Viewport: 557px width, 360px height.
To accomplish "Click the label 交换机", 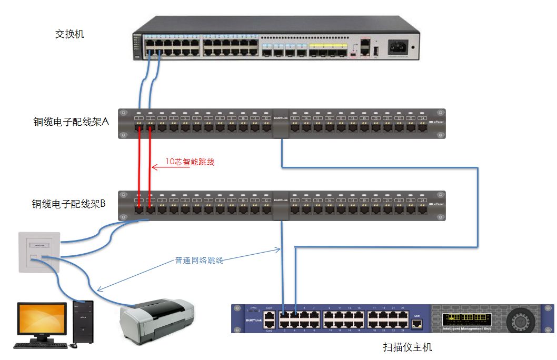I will coord(69,35).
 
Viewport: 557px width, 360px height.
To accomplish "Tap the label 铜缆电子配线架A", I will coord(71,122).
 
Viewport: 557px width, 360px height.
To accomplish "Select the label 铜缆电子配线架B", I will coord(69,204).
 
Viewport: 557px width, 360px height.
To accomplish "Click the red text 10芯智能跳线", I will coord(190,163).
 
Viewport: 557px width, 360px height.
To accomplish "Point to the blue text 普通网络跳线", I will coord(199,260).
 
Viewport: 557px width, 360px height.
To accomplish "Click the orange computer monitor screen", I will coord(43,318).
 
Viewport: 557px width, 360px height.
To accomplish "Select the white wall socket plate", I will coord(39,252).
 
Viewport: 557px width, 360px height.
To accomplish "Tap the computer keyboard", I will coord(41,346).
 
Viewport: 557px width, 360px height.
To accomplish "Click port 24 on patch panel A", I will coord(422,127).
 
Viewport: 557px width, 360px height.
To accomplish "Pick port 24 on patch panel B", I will coord(422,209).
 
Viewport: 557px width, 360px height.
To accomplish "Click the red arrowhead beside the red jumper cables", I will coord(153,167).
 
